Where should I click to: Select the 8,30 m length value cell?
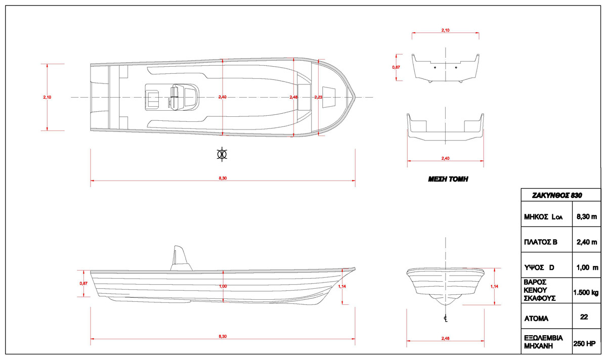[586, 217]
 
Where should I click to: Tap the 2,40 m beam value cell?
[586, 242]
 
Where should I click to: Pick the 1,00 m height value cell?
[586, 267]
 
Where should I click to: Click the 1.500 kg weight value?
[586, 292]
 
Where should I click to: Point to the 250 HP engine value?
[586, 343]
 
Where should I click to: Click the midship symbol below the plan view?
[221, 154]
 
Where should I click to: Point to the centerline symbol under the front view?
[446, 318]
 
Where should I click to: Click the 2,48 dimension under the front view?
[446, 338]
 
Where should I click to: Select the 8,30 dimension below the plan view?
[223, 178]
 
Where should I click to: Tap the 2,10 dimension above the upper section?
[446, 31]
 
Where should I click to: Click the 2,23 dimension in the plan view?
[318, 97]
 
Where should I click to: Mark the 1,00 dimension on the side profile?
[223, 287]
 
